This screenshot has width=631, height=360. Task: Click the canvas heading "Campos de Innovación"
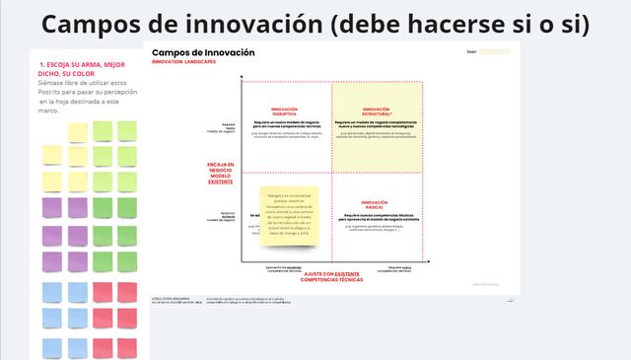coord(204,52)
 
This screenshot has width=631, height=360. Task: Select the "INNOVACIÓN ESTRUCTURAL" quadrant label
coord(377,111)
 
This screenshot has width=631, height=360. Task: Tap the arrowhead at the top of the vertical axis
coord(241,77)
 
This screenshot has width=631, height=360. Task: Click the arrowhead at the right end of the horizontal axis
coord(427,264)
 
